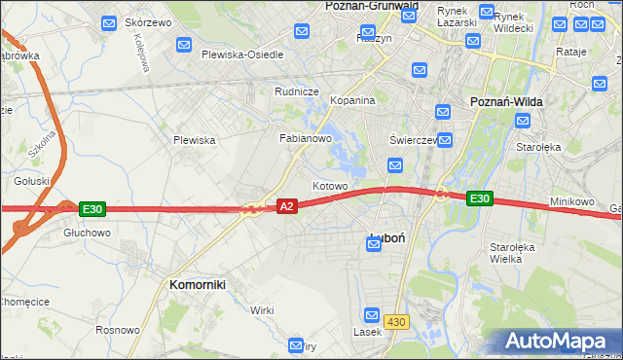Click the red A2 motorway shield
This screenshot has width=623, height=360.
coord(286,206)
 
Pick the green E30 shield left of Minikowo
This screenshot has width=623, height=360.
coord(479,198)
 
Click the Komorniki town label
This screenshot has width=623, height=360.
coord(198,284)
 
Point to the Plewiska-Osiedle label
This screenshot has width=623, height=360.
coord(242,54)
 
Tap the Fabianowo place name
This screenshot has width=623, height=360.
coord(307,138)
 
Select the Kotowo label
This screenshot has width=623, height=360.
coord(330,185)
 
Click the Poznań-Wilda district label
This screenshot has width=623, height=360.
coord(506,101)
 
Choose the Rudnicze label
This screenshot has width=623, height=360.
coord(297,91)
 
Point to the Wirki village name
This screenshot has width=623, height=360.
coord(262,309)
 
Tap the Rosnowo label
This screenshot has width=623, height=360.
coord(117,330)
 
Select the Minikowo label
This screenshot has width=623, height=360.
coord(571,201)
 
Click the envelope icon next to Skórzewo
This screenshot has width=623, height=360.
coord(110,21)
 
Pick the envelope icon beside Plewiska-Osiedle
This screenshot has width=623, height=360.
coord(184,45)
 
